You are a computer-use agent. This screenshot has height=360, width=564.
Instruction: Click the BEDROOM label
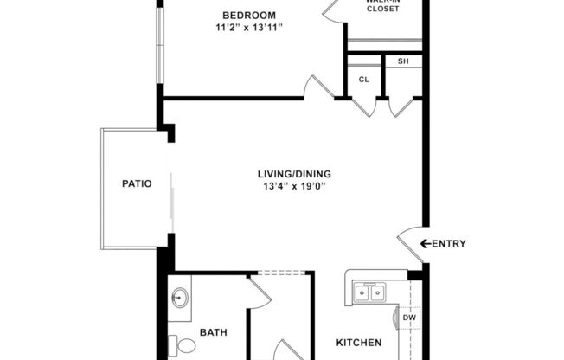[x=248, y=15]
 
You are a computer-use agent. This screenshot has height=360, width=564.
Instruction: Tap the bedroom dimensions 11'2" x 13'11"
[x=249, y=28]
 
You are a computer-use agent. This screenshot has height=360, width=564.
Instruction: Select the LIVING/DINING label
[x=297, y=172]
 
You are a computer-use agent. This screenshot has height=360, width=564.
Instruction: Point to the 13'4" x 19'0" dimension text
[x=297, y=185]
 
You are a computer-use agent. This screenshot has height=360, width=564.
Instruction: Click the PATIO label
[x=137, y=183]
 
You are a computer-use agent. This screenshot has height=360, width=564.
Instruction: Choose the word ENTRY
[x=449, y=244]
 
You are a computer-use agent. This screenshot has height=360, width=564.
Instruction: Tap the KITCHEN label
[x=359, y=343]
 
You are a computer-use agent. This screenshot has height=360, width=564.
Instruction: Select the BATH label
[x=213, y=332]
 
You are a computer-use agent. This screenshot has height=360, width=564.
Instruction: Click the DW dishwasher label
[x=408, y=318]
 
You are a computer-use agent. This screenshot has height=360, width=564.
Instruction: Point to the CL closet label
[x=364, y=80]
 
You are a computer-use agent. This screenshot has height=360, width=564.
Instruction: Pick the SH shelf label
[x=403, y=62]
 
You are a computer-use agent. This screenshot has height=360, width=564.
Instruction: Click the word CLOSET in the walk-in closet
[x=382, y=9]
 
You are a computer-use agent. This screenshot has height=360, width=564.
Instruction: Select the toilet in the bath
[x=183, y=347]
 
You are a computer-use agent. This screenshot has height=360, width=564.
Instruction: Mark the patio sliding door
[x=171, y=201]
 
